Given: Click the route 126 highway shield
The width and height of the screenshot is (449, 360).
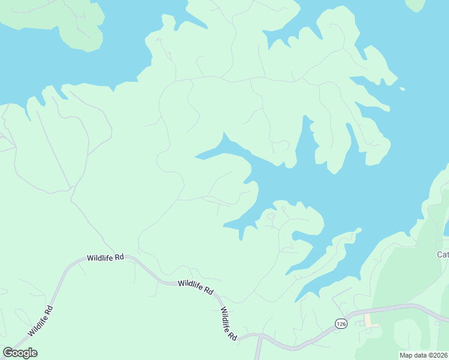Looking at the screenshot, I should pos(341,323).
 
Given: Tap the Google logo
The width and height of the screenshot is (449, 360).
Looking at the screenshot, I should pos(20,353).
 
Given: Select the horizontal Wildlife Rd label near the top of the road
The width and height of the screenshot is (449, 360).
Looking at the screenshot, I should pos(105,257).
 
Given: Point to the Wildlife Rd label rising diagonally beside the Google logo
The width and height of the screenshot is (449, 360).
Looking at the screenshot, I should pos(41,321).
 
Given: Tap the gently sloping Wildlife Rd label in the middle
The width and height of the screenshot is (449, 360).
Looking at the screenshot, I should pos(196,286).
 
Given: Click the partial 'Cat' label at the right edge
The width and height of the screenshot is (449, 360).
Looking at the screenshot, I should pos(442,254).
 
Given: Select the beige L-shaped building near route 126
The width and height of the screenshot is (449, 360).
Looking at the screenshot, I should pos(369,321).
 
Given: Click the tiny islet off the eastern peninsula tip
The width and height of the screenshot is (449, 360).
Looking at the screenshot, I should pos(402,89).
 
